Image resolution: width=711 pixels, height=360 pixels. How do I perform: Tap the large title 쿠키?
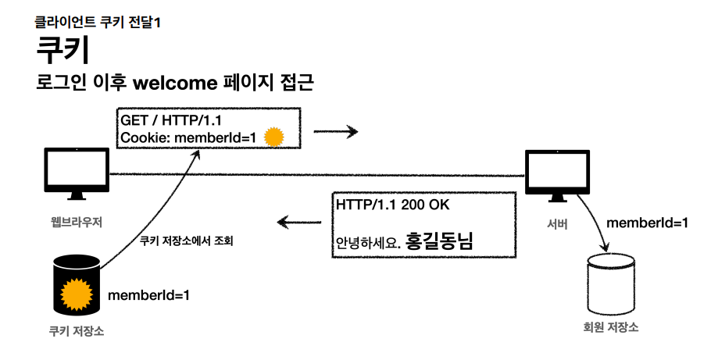tap(63, 51)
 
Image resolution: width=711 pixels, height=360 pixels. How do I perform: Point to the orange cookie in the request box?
tap(273, 137)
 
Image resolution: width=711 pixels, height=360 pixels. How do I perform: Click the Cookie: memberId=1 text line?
tap(188, 138)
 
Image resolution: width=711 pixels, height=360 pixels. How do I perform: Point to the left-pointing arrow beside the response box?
tap(300, 224)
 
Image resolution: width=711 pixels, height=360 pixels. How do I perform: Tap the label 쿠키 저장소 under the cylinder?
tap(76, 331)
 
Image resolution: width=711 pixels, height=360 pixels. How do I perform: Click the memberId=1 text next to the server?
tap(648, 223)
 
